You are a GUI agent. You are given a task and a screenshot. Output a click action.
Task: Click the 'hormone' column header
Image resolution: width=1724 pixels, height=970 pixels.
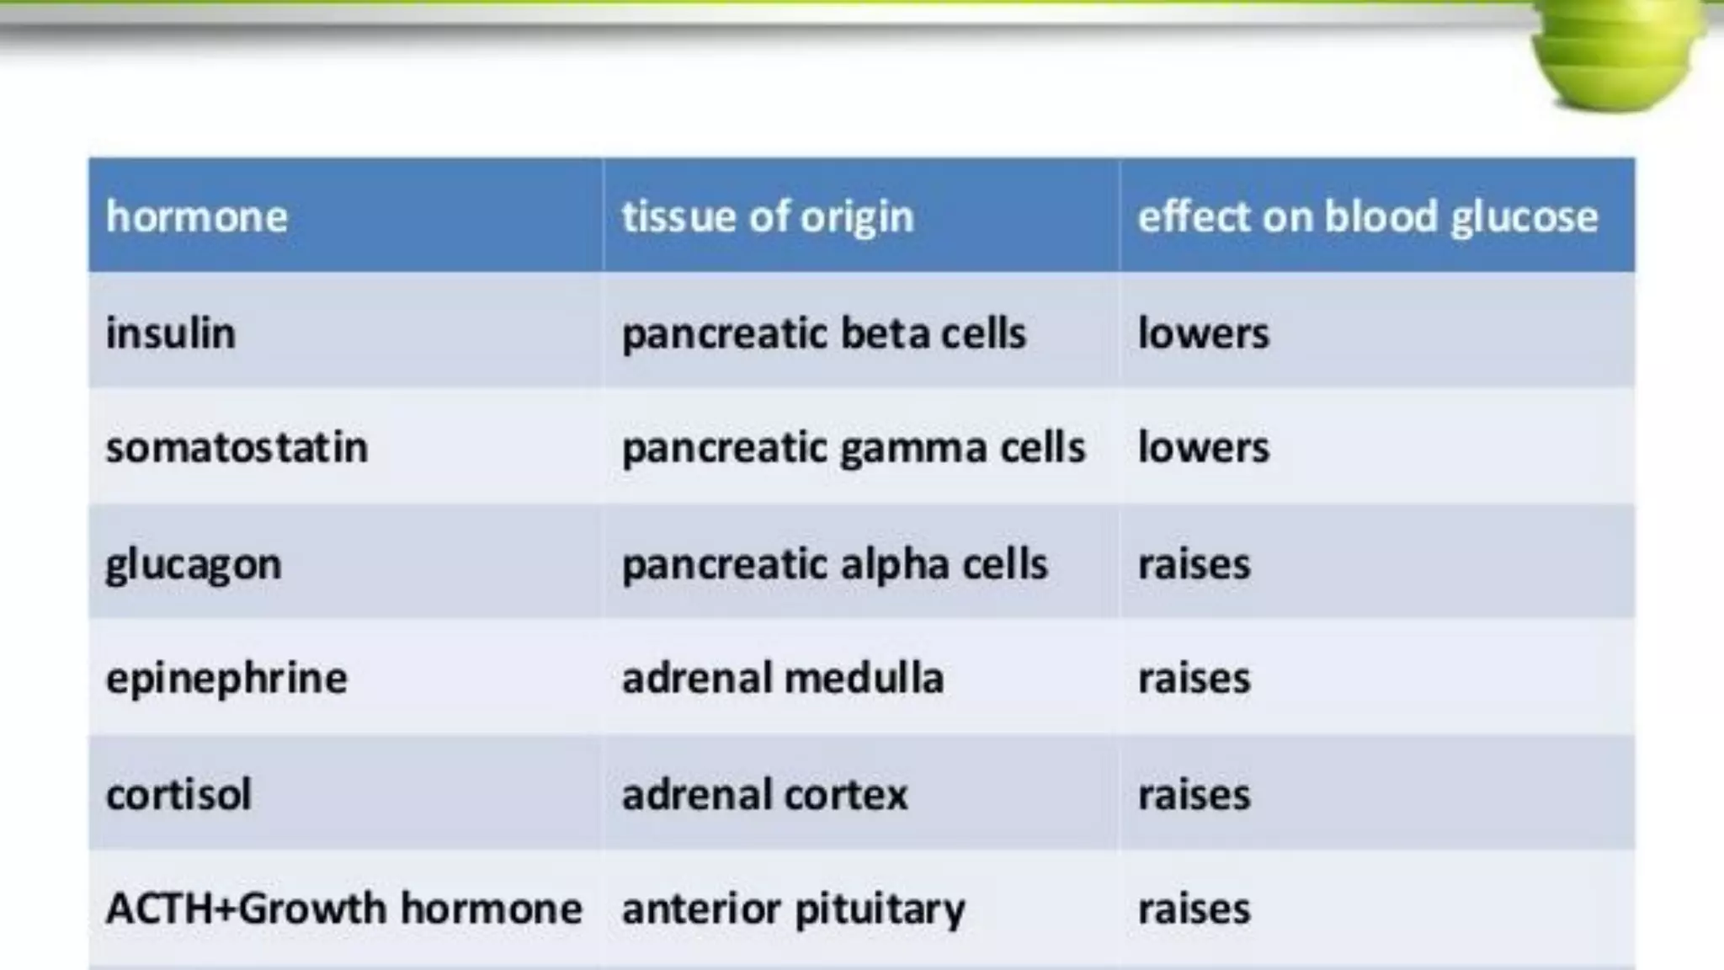tap(197, 217)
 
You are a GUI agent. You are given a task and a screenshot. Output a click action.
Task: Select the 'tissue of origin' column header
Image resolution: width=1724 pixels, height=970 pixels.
tap(767, 217)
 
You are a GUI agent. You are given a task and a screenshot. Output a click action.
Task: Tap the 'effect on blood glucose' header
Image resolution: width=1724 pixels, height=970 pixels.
tap(1367, 217)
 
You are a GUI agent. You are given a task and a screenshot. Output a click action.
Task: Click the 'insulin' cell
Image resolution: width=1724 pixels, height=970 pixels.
tap(171, 333)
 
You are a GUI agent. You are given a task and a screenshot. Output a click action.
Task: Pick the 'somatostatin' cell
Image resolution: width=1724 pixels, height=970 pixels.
tap(237, 447)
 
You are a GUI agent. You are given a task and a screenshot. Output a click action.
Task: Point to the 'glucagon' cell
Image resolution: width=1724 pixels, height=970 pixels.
tap(194, 564)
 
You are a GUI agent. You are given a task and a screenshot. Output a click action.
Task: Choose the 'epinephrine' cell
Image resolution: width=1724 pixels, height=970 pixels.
tap(226, 679)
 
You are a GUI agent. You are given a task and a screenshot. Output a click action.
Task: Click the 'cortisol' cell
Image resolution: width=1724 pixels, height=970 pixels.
tap(178, 794)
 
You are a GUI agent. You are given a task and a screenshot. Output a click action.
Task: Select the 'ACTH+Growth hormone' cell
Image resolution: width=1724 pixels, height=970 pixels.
tap(343, 909)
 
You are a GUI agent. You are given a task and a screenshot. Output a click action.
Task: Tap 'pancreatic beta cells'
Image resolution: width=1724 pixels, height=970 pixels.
tap(823, 333)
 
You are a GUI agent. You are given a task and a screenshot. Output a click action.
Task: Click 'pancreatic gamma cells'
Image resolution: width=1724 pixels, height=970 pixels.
tap(854, 447)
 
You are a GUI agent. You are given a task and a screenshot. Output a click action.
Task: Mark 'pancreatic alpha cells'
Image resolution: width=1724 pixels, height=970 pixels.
tap(834, 564)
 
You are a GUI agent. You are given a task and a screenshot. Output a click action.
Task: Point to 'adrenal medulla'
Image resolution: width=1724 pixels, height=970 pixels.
tap(782, 679)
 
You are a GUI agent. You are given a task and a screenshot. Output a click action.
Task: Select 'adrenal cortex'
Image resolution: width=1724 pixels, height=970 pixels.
tap(764, 794)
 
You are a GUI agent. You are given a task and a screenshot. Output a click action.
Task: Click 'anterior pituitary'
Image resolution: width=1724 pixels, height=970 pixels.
tap(793, 909)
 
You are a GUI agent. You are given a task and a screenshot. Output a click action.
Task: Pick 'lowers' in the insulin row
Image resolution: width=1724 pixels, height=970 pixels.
tap(1203, 333)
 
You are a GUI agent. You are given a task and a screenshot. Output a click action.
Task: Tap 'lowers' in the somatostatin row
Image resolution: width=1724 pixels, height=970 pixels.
tap(1203, 447)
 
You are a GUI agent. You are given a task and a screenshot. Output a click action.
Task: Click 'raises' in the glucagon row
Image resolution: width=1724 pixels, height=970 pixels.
tap(1194, 564)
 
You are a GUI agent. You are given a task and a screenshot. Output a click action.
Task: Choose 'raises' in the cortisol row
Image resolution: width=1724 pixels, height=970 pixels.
tap(1194, 794)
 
